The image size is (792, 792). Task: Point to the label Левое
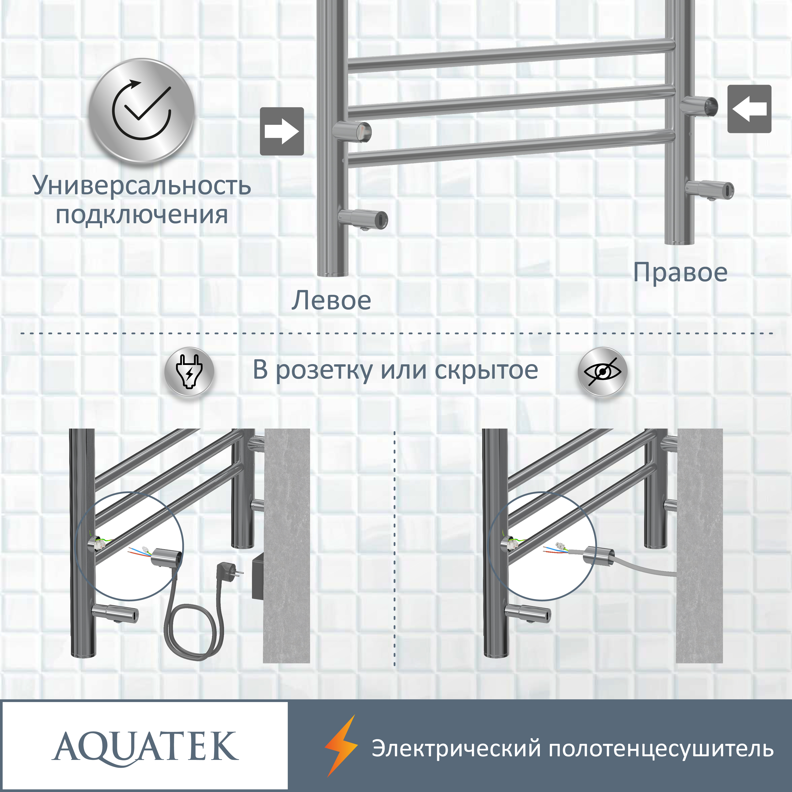[331, 301]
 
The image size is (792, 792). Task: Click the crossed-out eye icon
[602, 372]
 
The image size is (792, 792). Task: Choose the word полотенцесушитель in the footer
[661, 748]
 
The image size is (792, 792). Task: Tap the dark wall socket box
[258, 576]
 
